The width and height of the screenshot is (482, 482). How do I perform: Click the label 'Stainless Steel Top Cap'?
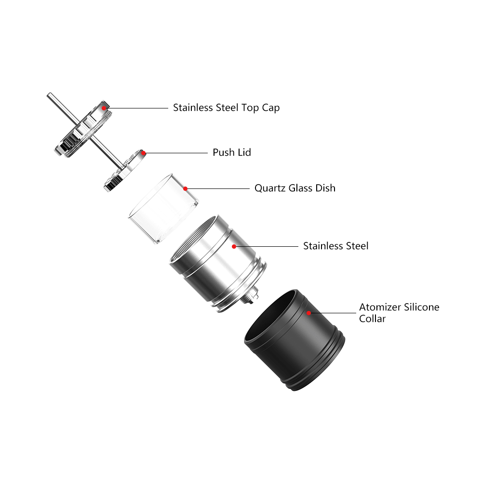point(226,108)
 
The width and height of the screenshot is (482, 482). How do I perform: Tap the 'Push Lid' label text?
point(232,152)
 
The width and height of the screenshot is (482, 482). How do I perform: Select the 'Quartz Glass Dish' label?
point(295,188)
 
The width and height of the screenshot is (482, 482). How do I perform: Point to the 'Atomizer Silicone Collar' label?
point(399,313)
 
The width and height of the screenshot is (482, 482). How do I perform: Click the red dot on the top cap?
point(104,108)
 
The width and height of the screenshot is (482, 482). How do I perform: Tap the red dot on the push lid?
point(143,153)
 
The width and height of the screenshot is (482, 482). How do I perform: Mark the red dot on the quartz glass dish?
point(186,189)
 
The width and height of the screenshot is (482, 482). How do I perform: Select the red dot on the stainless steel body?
point(234,246)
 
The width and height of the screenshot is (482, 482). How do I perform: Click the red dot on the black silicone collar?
point(308,313)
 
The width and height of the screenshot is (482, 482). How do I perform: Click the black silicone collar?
point(295,340)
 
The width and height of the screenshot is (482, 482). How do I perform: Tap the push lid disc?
point(125,171)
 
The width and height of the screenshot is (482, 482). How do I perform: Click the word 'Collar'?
point(372,319)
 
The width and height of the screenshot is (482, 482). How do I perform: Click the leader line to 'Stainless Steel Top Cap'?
point(137,108)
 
